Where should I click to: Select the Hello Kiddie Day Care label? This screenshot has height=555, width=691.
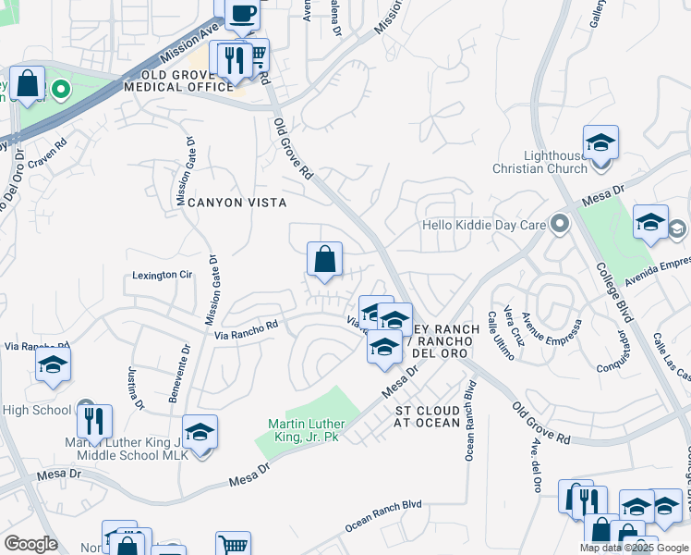click(484, 225)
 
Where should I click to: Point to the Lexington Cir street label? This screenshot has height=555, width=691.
click(162, 275)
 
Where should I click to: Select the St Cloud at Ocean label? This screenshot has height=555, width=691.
click(427, 416)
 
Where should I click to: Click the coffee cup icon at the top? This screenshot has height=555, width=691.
click(243, 13)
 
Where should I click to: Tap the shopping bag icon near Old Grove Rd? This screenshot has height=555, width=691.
click(324, 260)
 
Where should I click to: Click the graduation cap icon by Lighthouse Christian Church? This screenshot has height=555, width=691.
click(600, 143)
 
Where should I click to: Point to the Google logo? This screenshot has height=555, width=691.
click(30, 544)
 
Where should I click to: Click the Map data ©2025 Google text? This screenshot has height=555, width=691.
click(632, 548)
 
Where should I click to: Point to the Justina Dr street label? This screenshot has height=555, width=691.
click(135, 388)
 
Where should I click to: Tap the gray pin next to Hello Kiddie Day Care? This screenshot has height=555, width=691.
click(559, 225)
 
